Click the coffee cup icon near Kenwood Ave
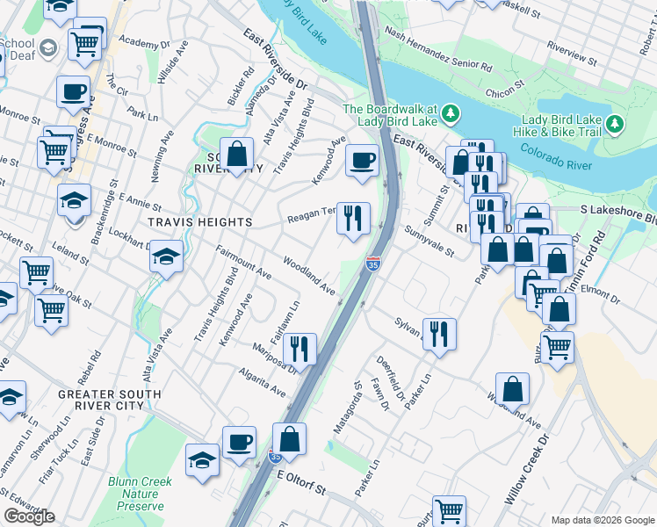[x=362, y=161]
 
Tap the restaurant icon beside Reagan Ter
[x=354, y=218]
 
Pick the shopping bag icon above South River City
[x=237, y=154]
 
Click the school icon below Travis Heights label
[x=166, y=256]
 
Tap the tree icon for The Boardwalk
[x=451, y=112]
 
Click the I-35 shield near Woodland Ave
[x=372, y=263]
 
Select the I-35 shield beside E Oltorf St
[x=275, y=457]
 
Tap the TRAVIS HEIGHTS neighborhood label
[x=188, y=222]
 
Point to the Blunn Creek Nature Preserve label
[x=136, y=494]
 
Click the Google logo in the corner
[x=29, y=516]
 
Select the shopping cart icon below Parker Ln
[x=449, y=509]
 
